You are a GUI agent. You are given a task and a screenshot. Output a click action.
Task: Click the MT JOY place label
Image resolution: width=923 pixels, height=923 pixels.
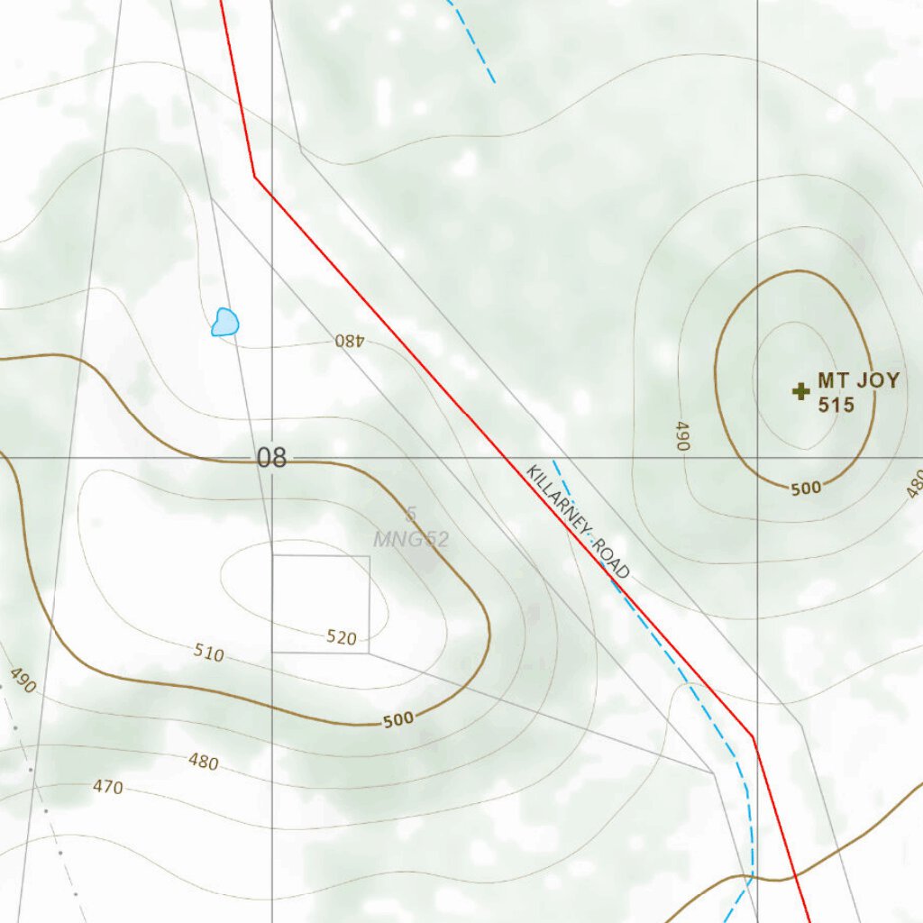(858, 380)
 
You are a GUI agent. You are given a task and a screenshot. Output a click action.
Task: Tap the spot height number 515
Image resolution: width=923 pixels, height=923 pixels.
(836, 405)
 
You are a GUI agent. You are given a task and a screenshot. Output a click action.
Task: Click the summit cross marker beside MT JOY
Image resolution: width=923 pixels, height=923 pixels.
(800, 391)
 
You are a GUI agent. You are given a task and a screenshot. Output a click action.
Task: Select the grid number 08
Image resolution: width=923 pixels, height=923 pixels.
(271, 458)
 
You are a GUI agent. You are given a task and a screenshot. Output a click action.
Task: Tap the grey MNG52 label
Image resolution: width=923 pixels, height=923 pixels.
(411, 540)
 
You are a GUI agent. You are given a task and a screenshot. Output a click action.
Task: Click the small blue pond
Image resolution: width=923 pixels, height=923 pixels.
(225, 322)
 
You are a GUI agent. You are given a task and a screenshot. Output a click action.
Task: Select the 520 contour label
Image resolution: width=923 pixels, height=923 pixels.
(342, 638)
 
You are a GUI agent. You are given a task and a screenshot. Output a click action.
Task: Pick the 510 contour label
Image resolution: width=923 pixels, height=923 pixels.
(209, 653)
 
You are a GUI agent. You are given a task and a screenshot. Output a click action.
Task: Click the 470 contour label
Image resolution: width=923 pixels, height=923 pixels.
(107, 787)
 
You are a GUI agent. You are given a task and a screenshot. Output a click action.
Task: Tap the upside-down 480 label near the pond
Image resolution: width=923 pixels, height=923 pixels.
(349, 341)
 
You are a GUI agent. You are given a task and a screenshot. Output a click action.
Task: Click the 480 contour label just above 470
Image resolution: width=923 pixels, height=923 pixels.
(204, 762)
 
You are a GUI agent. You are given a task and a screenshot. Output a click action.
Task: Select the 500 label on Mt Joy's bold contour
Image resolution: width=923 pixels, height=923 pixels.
(806, 489)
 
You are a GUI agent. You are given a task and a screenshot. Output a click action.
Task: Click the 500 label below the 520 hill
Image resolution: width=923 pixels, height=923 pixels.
(398, 719)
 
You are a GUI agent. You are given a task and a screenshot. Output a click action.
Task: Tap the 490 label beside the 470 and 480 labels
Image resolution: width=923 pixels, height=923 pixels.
(23, 681)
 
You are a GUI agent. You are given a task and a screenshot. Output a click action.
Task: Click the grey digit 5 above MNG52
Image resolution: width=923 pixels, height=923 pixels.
(411, 515)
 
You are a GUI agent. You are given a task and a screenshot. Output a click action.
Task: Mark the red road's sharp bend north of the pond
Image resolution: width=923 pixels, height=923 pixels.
(254, 176)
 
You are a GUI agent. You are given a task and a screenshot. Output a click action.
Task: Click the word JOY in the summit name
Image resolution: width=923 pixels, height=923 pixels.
(878, 380)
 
